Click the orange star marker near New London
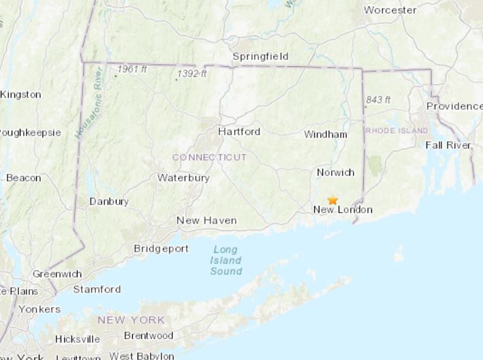coord(332,200)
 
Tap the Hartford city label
coord(239,132)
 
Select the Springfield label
coord(260,56)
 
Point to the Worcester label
coord(390,10)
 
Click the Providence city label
coord(454,106)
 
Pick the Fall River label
coord(448,145)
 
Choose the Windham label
coord(326,134)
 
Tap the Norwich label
coord(336,172)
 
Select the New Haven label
coord(206,220)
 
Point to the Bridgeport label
coord(161,249)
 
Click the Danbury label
coord(109,201)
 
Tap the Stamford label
coord(97,289)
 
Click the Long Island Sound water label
coord(226,260)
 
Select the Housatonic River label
coord(88,102)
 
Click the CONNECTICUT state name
coord(209,157)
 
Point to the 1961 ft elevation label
coord(131,69)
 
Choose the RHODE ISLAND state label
coord(396,130)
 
